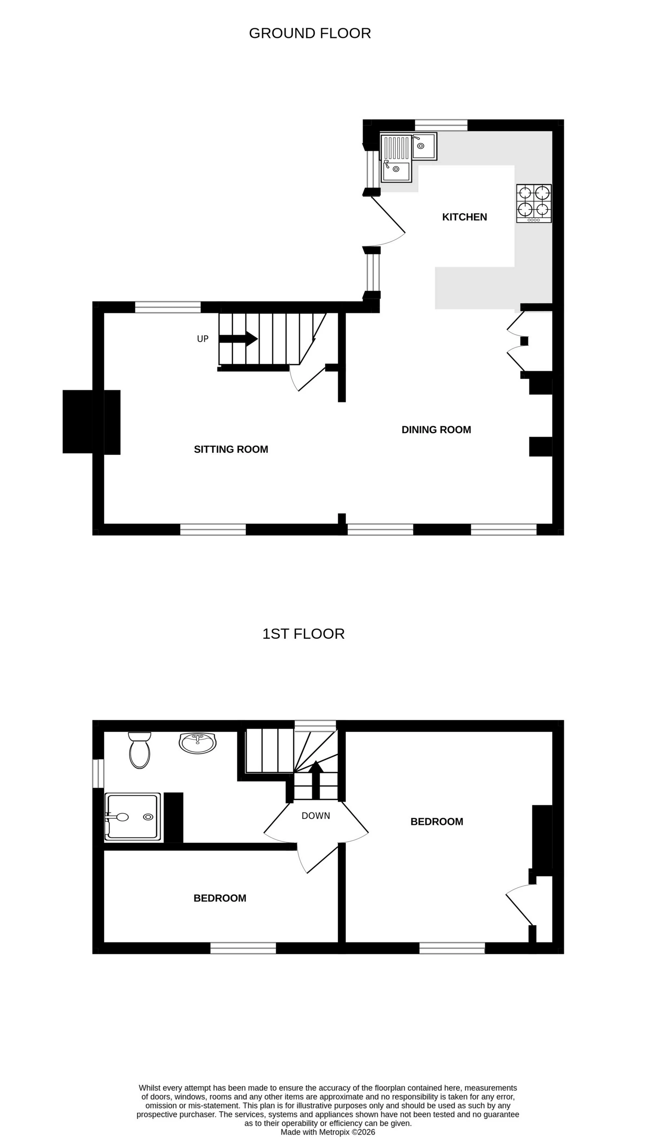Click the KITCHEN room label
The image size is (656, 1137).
coord(465,217)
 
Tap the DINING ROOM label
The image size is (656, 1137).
coord(436,429)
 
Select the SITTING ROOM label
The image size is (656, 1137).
coord(231,449)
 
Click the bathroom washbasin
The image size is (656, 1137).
coord(197,742)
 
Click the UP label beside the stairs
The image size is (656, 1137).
coord(203,339)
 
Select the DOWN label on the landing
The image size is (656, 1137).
coord(315,816)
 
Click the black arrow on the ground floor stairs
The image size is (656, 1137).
coord(239,339)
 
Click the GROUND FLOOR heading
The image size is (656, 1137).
coord(310,34)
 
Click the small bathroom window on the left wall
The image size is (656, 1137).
coord(98,773)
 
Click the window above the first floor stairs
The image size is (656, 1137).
coord(315,725)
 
